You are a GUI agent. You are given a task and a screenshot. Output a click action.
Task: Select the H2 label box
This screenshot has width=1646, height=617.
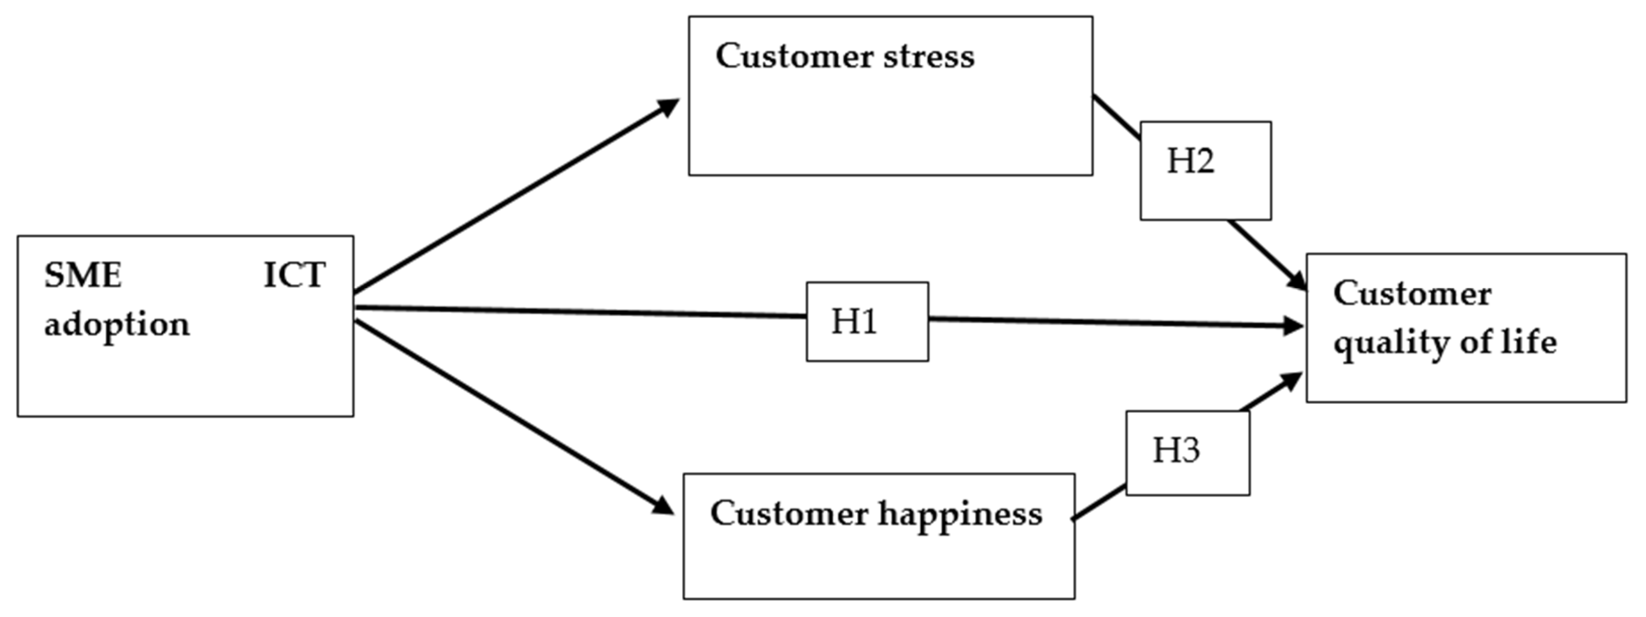1205,171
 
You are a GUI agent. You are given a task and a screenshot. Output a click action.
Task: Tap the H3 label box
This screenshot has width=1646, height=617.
1187,452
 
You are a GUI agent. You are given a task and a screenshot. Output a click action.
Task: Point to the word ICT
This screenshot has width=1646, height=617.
295,276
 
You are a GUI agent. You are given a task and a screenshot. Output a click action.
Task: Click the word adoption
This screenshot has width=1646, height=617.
117,325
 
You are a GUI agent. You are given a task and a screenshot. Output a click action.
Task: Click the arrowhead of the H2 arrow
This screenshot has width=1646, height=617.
1297,281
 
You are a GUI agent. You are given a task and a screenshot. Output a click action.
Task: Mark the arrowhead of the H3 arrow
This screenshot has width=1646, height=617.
1293,380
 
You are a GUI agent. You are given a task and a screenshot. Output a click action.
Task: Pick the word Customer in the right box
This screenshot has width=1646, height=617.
1412,294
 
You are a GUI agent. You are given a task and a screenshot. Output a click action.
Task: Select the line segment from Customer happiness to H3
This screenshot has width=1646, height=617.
1099,502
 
